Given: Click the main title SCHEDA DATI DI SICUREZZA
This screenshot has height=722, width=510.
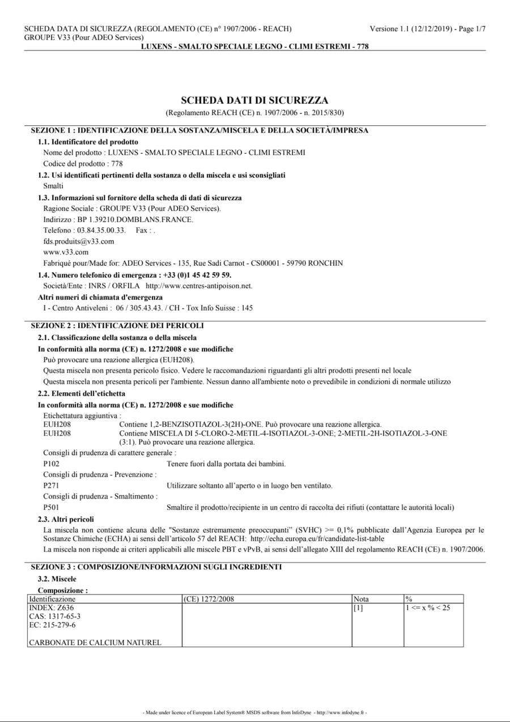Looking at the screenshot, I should coord(254,101).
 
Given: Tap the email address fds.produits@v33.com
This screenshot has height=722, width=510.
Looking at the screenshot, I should coord(79,241).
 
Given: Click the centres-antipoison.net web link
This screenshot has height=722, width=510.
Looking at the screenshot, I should coord(207,286).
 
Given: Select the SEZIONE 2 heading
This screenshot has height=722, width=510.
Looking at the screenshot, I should coord(117,326).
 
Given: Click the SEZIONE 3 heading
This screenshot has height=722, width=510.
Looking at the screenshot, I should coord(156,567).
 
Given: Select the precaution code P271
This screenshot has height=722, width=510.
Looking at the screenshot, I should coord(51,486).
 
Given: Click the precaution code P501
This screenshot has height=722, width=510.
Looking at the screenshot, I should coord(51,507).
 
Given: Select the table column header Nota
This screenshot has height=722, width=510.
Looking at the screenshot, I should coord(361,599).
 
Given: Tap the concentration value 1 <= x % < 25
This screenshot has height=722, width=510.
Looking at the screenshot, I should coord(428,608).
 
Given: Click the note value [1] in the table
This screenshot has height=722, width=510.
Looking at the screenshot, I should coord(358,608).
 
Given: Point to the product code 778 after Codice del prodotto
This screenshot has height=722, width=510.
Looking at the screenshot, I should coord(117,163).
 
